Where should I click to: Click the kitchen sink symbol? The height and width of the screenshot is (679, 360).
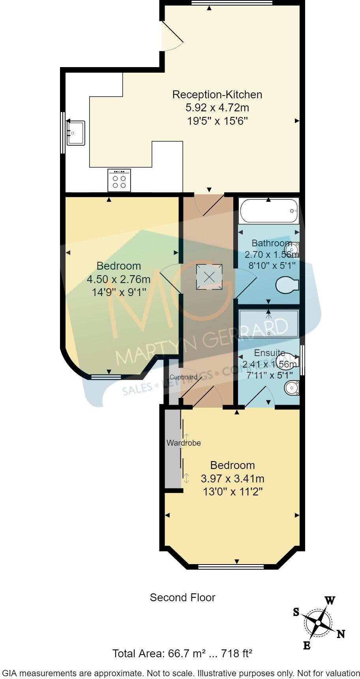[75, 133]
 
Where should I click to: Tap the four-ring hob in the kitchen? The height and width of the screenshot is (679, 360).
[119, 181]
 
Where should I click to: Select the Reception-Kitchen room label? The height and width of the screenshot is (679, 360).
[217, 95]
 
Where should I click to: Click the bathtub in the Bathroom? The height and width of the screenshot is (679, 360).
[268, 211]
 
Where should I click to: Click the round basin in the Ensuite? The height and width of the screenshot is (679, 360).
[292, 388]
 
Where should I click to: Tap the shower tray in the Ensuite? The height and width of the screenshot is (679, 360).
[269, 323]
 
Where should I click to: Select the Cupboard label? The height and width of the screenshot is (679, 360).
[183, 377]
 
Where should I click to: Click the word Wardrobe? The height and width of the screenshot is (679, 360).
[184, 443]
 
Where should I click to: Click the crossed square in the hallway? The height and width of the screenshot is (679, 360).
[209, 277]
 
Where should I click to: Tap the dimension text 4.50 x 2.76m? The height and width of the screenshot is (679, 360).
[118, 279]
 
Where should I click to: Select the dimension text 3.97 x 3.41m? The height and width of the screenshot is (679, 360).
[232, 479]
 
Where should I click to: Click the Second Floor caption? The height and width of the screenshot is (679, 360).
[182, 597]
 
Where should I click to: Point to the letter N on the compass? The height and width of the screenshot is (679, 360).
[341, 634]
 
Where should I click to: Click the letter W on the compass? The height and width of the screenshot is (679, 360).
[330, 601]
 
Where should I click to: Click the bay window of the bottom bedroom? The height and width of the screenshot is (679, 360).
[231, 567]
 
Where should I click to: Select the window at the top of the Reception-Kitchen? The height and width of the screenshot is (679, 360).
[232, 3]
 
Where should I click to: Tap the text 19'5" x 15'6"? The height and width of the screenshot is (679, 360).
[217, 121]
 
